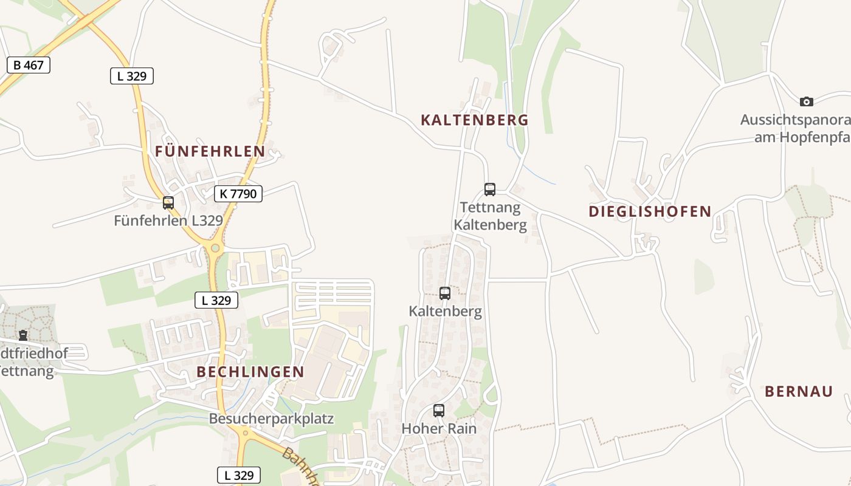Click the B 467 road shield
click(x=29, y=65)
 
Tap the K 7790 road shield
click(x=238, y=194)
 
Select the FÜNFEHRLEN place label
click(x=210, y=151)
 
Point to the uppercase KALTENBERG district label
click(x=475, y=120)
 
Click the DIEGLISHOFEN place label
click(x=650, y=211)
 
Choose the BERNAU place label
click(x=799, y=391)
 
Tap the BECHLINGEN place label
click(x=250, y=372)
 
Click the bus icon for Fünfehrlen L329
click(x=168, y=203)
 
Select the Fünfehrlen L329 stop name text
click(x=168, y=221)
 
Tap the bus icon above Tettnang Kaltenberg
click(x=490, y=189)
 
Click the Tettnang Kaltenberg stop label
click(x=491, y=216)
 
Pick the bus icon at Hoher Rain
click(x=439, y=411)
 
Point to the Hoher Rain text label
click(x=439, y=428)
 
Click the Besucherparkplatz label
click(x=271, y=419)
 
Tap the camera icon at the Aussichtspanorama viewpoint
click(x=807, y=101)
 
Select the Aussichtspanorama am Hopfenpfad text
click(x=796, y=128)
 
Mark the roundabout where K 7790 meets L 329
click(x=215, y=248)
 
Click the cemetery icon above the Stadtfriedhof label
click(x=23, y=335)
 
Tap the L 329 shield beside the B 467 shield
click(x=132, y=76)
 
